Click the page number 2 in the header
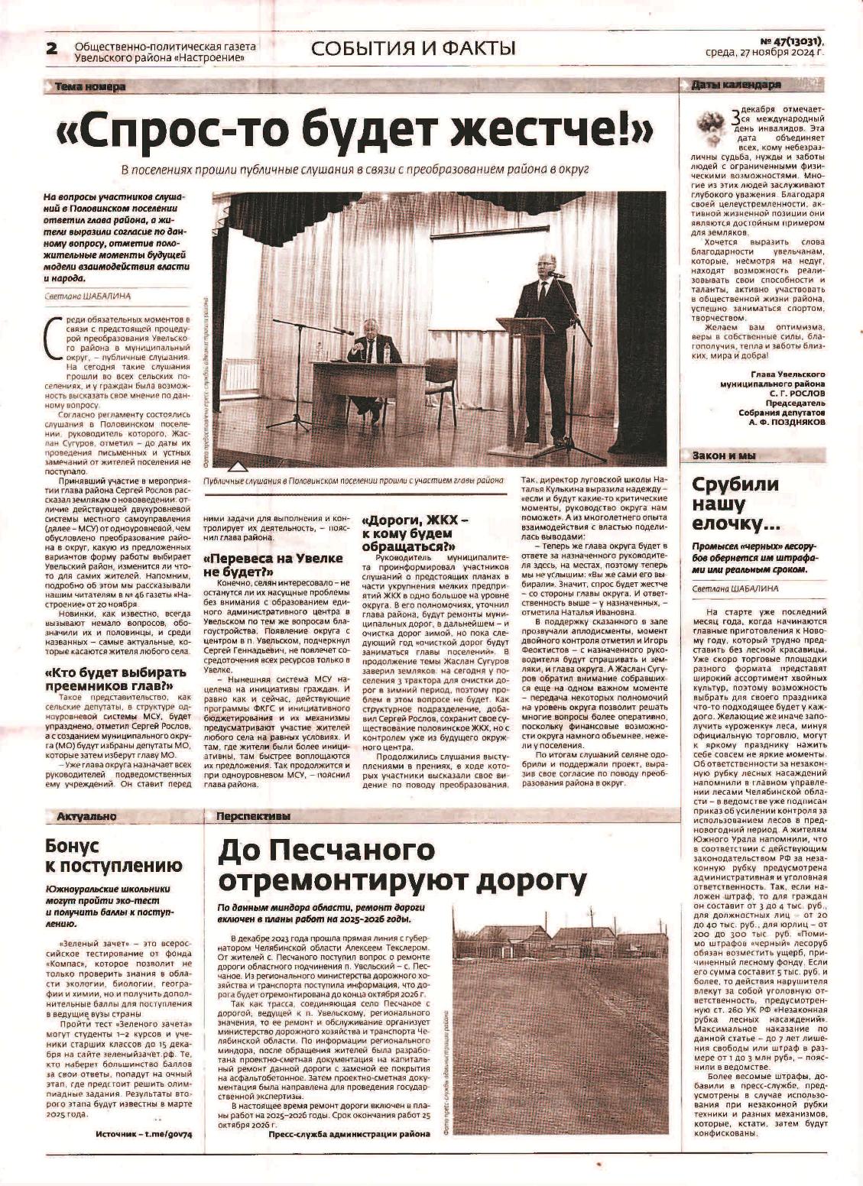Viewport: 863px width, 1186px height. (52, 49)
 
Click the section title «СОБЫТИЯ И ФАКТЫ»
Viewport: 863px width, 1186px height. (413, 49)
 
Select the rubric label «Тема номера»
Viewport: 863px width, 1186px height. (90, 87)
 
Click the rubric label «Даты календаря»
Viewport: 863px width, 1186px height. (735, 85)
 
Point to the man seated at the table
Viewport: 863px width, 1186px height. (372, 359)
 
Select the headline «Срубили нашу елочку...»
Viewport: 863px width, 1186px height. (735, 504)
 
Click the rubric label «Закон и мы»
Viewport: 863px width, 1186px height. (723, 455)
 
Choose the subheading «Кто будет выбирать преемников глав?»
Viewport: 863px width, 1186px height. (115, 679)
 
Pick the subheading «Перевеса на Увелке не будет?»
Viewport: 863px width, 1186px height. (272, 564)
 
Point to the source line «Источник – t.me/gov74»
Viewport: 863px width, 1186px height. (144, 1133)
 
